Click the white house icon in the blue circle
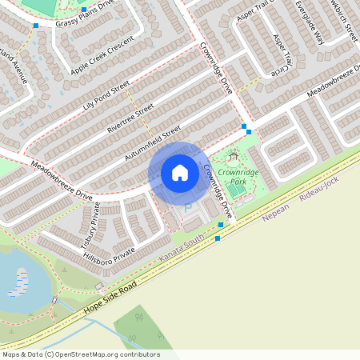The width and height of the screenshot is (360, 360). (180, 172)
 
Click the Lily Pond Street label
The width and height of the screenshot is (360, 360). (106, 95)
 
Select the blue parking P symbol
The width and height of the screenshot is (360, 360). (188, 207)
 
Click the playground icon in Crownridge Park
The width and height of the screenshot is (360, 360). (233, 157)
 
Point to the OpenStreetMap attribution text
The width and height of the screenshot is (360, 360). (81, 354)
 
